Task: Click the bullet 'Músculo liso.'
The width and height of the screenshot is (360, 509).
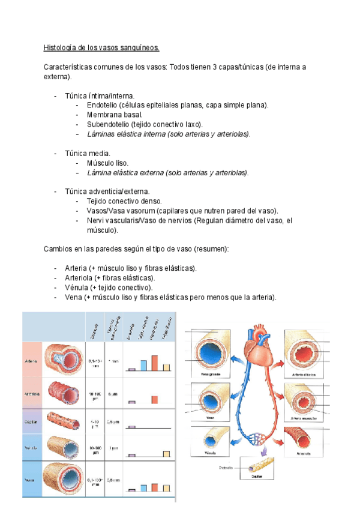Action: tap(107, 163)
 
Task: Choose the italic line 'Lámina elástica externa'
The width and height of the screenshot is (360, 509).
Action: tap(167, 172)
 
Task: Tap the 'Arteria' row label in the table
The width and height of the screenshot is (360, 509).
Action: tap(32, 361)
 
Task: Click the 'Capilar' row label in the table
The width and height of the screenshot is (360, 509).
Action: tap(32, 423)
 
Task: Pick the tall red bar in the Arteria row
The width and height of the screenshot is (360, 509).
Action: tap(154, 363)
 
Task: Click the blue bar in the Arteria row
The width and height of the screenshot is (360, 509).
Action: tap(143, 366)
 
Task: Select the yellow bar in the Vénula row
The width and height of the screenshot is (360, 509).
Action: tap(166, 454)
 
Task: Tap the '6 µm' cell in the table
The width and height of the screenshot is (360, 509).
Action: tap(112, 394)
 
